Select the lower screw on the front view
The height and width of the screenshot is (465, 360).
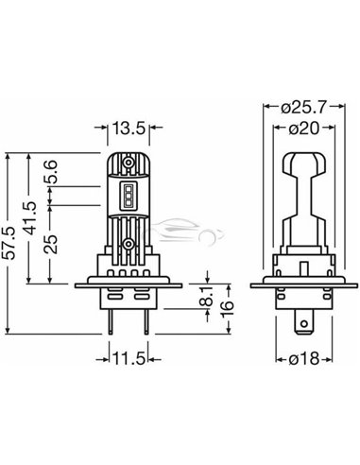coord(126,245)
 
